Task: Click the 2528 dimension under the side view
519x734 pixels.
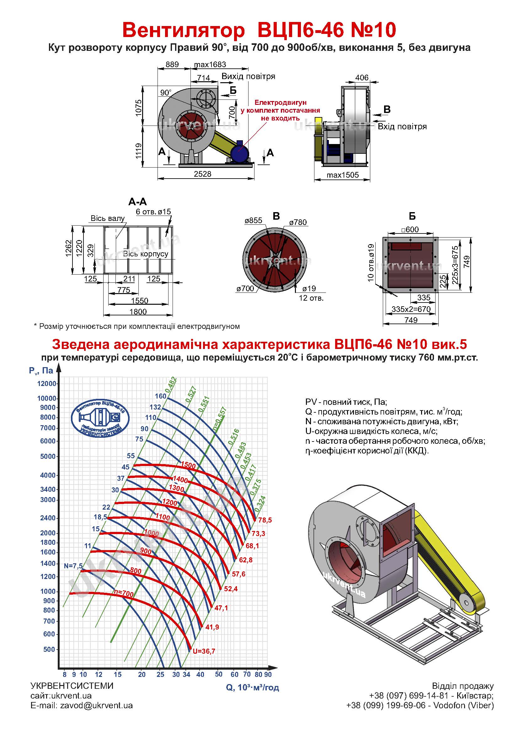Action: coord(203,174)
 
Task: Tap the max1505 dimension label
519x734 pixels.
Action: coord(343,175)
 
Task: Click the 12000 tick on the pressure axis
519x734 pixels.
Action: coord(47,383)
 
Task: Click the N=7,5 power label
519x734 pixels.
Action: coord(73,566)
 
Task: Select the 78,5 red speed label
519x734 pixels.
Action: coord(265,520)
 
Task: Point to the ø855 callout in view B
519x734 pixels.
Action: coord(254,220)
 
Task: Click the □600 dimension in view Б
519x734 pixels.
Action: coord(410,229)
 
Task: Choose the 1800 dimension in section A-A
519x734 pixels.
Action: coord(138,311)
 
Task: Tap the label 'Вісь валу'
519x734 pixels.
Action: coord(108,218)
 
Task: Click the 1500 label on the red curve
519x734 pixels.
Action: coord(188,466)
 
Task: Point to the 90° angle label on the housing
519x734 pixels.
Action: coord(166,93)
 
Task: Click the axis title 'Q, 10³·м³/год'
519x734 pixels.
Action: coord(253,687)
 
